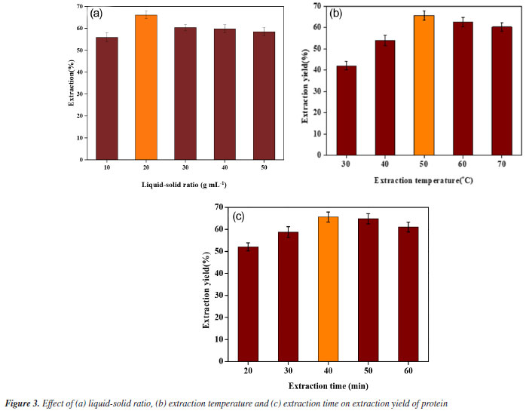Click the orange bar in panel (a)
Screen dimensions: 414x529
[x=146, y=87]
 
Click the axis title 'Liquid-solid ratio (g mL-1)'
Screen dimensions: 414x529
[x=184, y=185]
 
